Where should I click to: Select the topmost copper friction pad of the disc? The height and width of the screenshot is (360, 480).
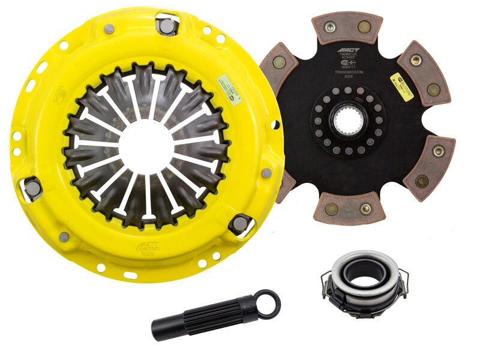[347, 27]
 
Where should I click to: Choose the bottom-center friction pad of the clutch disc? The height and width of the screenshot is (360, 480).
[348, 208]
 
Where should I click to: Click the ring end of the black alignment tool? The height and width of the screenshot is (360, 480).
[266, 304]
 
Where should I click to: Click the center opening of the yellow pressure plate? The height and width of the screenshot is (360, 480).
[146, 144]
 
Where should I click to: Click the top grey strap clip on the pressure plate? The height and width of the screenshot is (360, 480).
[166, 25]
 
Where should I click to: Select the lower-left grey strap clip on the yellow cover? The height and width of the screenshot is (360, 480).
[32, 188]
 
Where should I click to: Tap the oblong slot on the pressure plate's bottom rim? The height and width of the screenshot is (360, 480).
[130, 275]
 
